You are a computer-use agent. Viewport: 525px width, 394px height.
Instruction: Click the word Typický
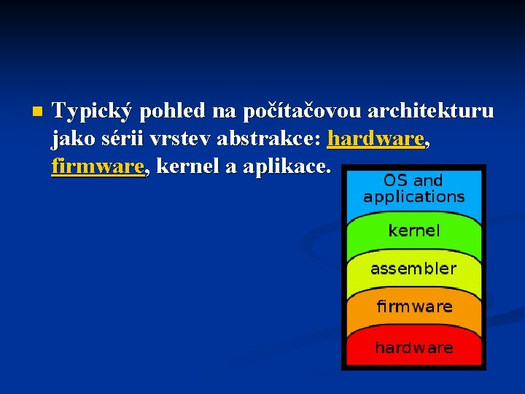[93, 112]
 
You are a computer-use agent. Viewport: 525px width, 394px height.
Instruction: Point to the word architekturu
[430, 112]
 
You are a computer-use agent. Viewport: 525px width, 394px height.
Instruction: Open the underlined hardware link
[376, 139]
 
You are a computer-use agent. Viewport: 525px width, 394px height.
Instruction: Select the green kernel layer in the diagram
[413, 231]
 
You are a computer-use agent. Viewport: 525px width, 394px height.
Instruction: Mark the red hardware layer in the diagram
[413, 348]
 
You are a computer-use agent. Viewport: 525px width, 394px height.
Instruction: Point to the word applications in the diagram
[413, 197]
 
